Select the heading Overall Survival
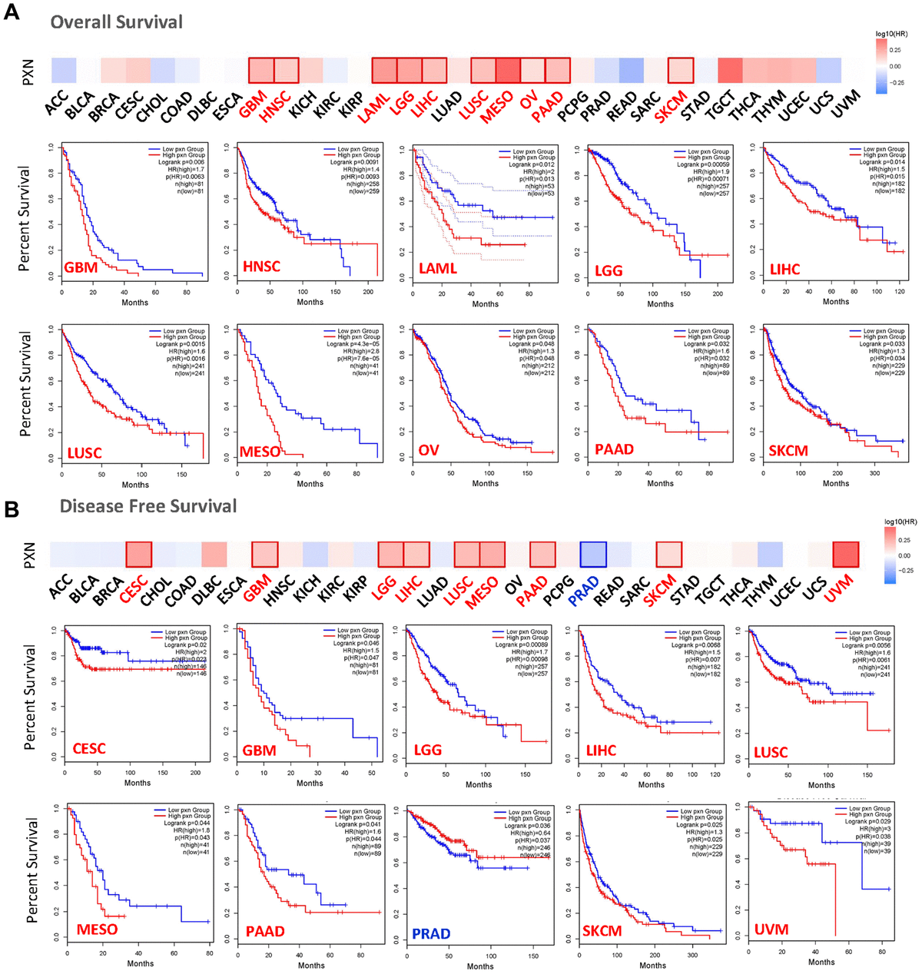coord(117,22)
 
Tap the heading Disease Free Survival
coord(148,506)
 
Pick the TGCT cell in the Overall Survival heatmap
coord(730,70)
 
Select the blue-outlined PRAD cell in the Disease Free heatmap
coord(593,554)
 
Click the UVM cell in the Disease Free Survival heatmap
coord(845,554)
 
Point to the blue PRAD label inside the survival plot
coord(431,933)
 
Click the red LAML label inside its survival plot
coord(437,268)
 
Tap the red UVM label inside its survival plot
coord(771,929)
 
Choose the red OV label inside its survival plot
coord(428,450)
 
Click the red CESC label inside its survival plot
coord(89,748)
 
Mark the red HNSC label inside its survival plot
coord(261,267)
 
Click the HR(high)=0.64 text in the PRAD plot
coord(530,833)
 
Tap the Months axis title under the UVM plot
coord(821,962)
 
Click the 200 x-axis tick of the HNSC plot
coord(369,292)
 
